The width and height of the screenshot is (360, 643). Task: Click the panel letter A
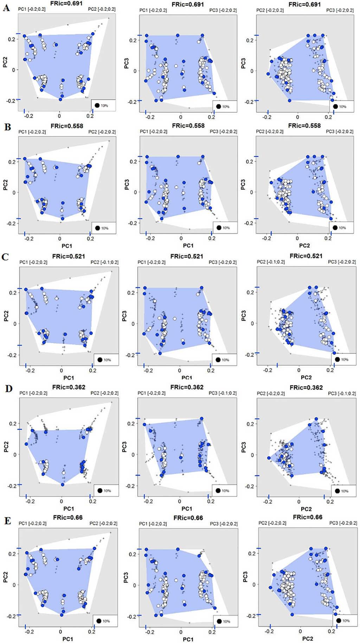click(6, 8)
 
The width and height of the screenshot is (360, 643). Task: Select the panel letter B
click(7, 127)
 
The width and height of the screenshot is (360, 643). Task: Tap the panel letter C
click(5, 257)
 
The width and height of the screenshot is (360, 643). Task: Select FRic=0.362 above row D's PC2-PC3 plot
click(306, 388)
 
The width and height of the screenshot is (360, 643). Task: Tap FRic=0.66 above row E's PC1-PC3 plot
click(188, 518)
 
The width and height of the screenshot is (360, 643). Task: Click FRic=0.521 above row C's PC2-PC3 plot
click(306, 256)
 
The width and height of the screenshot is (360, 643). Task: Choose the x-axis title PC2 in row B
click(304, 245)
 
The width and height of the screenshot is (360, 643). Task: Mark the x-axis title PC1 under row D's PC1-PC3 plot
click(187, 508)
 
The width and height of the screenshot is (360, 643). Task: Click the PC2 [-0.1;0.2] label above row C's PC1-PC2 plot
click(104, 262)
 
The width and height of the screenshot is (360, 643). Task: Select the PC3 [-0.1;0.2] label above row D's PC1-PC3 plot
click(223, 393)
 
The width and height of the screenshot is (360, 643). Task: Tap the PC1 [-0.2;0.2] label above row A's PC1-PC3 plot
click(153, 10)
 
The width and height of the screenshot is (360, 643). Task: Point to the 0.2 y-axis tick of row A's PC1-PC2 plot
click(11, 39)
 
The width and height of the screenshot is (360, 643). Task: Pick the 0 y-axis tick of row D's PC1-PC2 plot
click(14, 454)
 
